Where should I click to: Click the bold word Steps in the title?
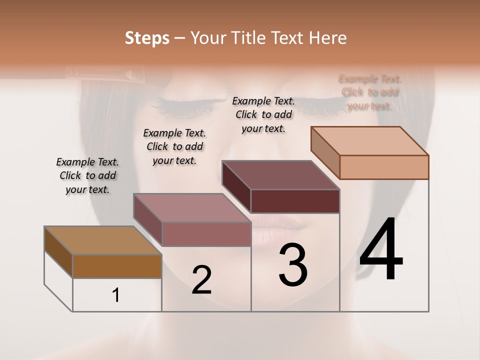(x=147, y=38)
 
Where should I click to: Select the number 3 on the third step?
(x=293, y=265)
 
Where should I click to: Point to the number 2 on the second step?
(x=201, y=280)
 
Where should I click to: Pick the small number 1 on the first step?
(x=116, y=295)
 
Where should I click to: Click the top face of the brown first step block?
(x=102, y=240)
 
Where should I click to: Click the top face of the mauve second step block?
(x=192, y=208)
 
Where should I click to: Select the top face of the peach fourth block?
(x=370, y=141)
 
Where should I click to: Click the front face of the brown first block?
(x=117, y=266)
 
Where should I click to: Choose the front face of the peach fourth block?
(x=384, y=167)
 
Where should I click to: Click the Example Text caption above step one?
(x=87, y=175)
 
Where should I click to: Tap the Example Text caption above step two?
(x=174, y=146)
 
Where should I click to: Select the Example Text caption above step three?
(x=263, y=114)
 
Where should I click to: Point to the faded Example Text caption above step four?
(x=370, y=92)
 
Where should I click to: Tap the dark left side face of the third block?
(x=236, y=187)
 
